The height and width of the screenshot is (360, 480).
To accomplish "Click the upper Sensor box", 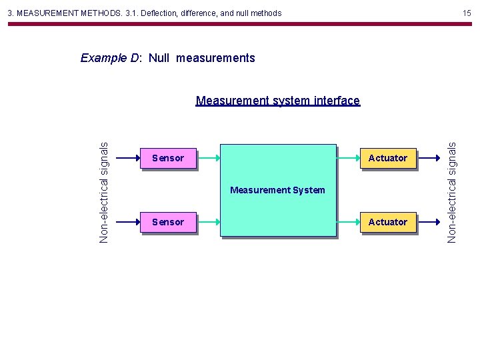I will click(x=168, y=158).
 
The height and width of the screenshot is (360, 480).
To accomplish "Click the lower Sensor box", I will click(x=168, y=222).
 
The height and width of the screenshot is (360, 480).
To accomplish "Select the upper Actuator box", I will click(x=388, y=158).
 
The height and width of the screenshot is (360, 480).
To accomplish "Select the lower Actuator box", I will click(x=388, y=222).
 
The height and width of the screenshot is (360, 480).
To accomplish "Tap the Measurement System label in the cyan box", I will click(x=277, y=191).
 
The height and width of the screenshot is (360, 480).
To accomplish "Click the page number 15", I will click(x=467, y=13).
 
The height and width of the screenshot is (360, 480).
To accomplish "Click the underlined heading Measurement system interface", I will click(x=277, y=101).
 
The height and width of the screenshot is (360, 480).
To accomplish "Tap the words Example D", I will click(x=110, y=58).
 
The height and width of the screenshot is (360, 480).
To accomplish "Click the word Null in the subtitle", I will click(x=159, y=58).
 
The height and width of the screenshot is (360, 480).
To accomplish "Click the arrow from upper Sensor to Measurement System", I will click(x=208, y=158).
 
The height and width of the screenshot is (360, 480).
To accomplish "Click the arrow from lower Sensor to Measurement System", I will click(x=208, y=222).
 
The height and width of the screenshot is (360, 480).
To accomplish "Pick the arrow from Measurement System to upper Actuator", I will click(x=348, y=158).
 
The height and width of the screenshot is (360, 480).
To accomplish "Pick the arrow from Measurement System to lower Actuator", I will click(x=348, y=222).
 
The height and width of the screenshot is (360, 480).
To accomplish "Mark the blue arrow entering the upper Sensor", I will click(x=127, y=158).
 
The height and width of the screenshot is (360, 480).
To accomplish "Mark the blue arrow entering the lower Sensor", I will click(x=127, y=222).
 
